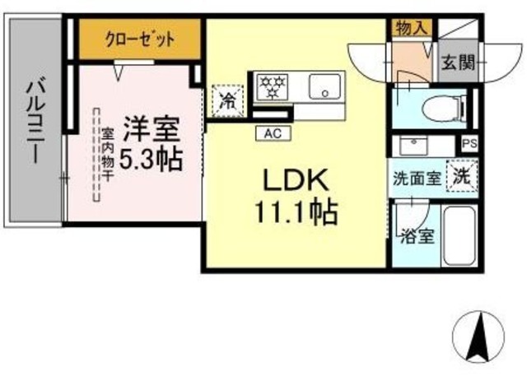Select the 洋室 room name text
pyautogui.click(x=152, y=128)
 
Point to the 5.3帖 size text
pyautogui.click(x=151, y=159)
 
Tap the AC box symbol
pyautogui.click(x=273, y=132)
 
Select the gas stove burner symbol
pyautogui.click(x=271, y=84)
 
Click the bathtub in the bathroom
pyautogui.click(x=460, y=235)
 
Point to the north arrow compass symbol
pyautogui.click(x=476, y=335)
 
